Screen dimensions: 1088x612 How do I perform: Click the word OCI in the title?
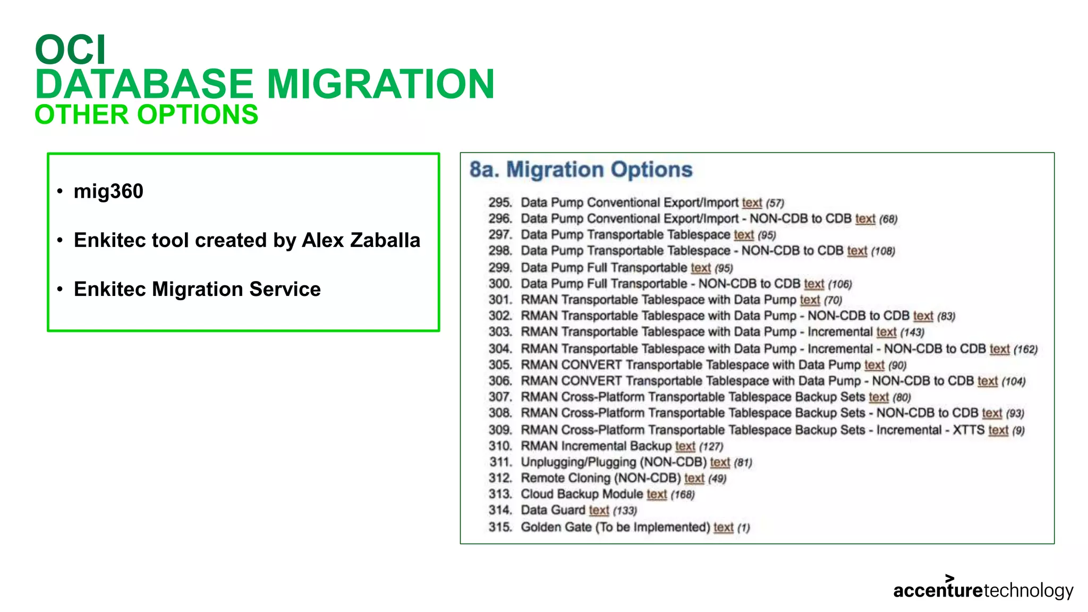coord(71,49)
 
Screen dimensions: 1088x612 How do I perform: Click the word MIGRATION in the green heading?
coord(380,84)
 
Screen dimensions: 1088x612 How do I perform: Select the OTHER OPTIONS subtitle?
coord(146,115)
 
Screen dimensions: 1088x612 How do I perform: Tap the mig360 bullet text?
coord(108,191)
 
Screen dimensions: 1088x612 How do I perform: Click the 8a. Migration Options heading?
coord(581,169)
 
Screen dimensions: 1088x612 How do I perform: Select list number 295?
coord(500,202)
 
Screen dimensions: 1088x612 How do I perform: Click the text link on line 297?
coord(744,235)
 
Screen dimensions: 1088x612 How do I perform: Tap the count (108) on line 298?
coord(883,251)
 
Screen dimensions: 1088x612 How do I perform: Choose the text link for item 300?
coord(814,284)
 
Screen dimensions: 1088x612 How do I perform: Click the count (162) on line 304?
coord(1025,349)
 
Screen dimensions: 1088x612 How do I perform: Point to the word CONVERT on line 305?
coord(591,365)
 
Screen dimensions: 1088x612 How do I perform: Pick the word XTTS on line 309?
coord(968,430)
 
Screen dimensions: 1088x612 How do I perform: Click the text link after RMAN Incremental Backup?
coord(685,446)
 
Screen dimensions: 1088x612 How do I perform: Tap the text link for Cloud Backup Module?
coord(657,495)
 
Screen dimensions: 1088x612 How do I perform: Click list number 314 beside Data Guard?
coord(500,511)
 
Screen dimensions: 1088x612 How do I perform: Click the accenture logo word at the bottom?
coord(938,590)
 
